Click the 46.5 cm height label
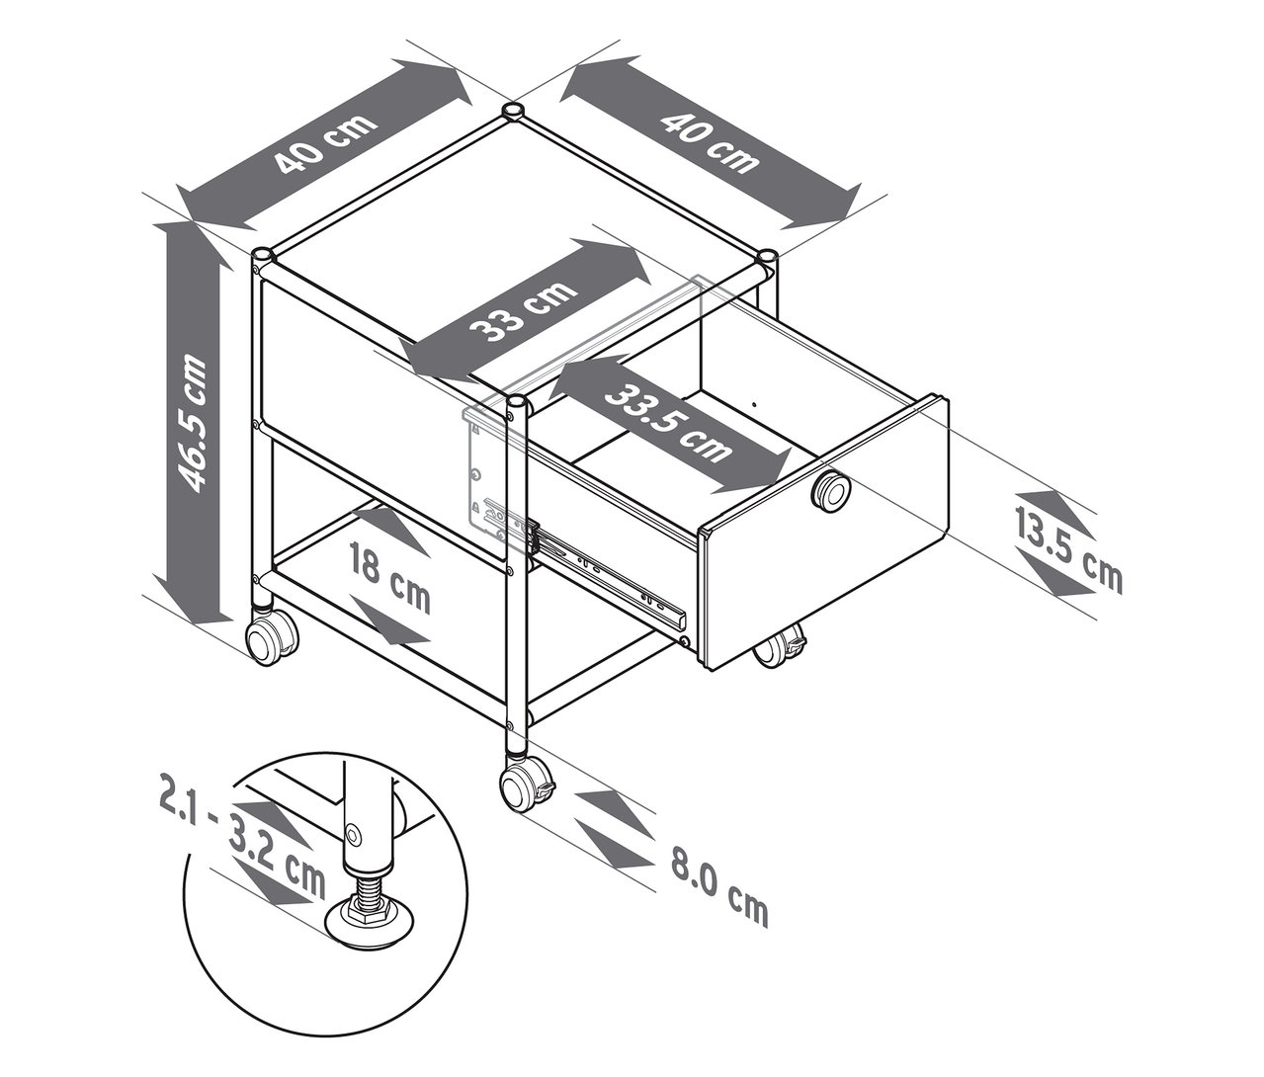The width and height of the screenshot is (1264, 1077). point(191,422)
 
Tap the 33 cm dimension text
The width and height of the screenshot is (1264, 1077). point(525,309)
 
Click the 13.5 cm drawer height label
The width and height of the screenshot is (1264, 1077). point(1068,553)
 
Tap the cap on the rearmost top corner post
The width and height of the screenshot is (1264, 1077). point(513,110)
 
